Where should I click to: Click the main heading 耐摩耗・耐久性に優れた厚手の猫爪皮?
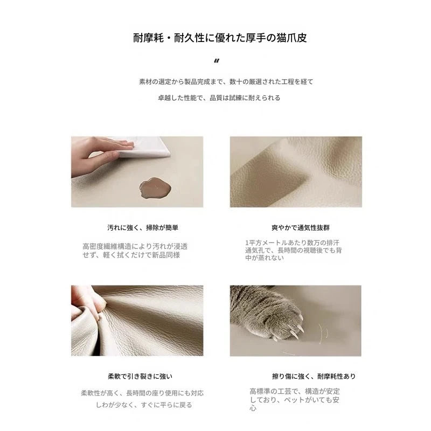click(x=220, y=38)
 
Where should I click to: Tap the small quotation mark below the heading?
click(x=217, y=61)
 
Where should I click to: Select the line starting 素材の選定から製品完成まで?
click(x=226, y=82)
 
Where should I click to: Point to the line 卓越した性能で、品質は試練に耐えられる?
click(x=219, y=98)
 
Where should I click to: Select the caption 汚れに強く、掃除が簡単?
click(x=143, y=227)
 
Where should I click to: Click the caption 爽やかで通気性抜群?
click(x=301, y=227)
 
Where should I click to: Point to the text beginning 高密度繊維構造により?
click(x=135, y=251)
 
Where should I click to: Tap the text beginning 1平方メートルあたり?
click(x=294, y=250)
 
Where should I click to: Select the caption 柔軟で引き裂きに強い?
click(x=140, y=376)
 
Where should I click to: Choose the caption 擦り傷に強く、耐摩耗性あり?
click(x=314, y=376)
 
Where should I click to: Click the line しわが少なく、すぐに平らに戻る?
click(x=144, y=405)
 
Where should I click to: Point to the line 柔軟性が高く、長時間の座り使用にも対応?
click(x=142, y=393)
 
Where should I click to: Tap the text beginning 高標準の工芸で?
click(x=295, y=400)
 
